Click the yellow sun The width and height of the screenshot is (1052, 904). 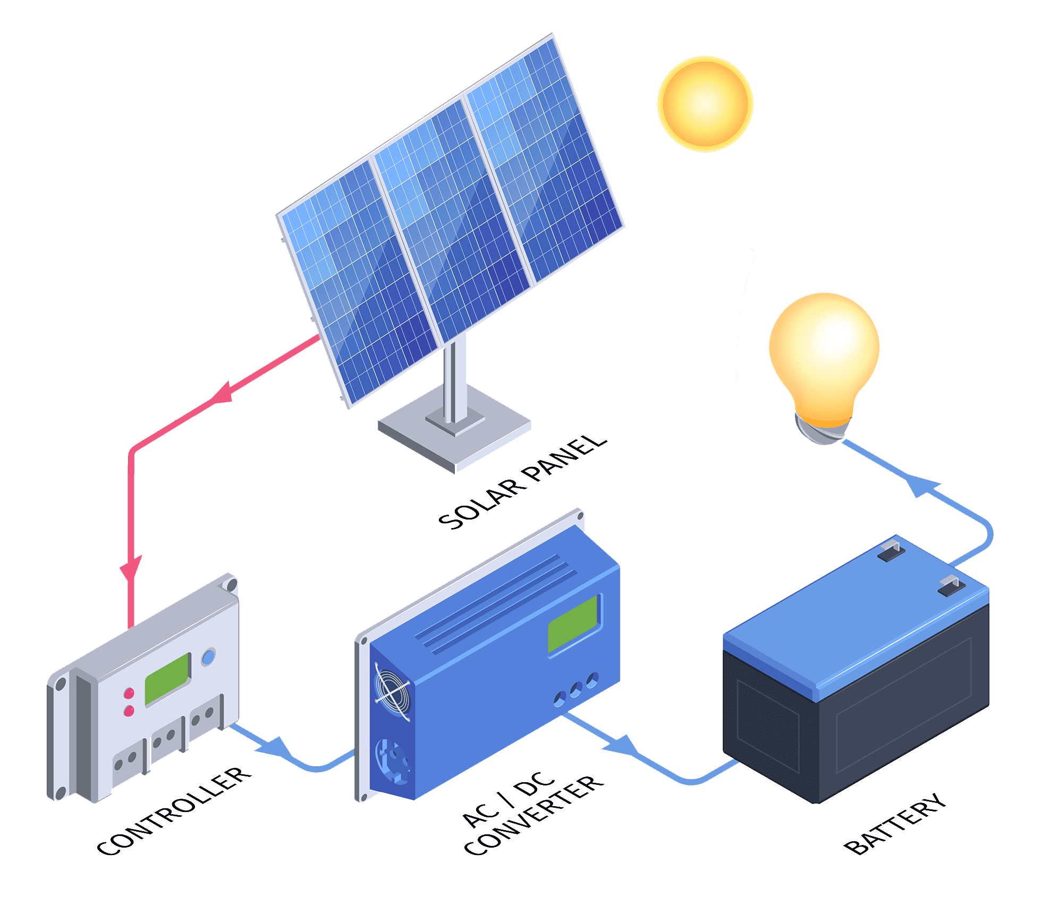[705, 104]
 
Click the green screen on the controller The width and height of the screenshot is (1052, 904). [167, 678]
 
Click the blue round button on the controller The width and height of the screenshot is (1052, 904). [209, 657]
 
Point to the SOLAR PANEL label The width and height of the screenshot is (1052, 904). [523, 482]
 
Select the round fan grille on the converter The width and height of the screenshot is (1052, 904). [392, 691]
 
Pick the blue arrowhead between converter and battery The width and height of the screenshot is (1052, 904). [622, 744]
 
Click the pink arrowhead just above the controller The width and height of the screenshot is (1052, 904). [131, 569]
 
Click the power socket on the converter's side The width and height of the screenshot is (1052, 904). [393, 760]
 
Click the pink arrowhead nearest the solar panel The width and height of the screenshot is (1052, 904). [223, 394]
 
